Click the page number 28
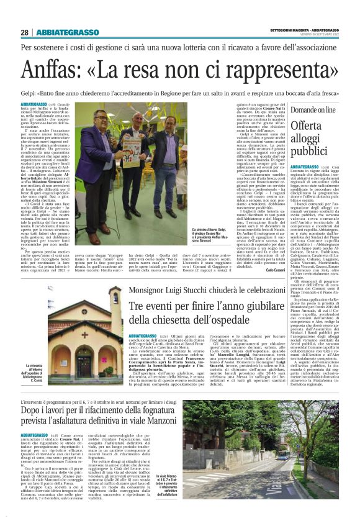24,32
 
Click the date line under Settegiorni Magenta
316,35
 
